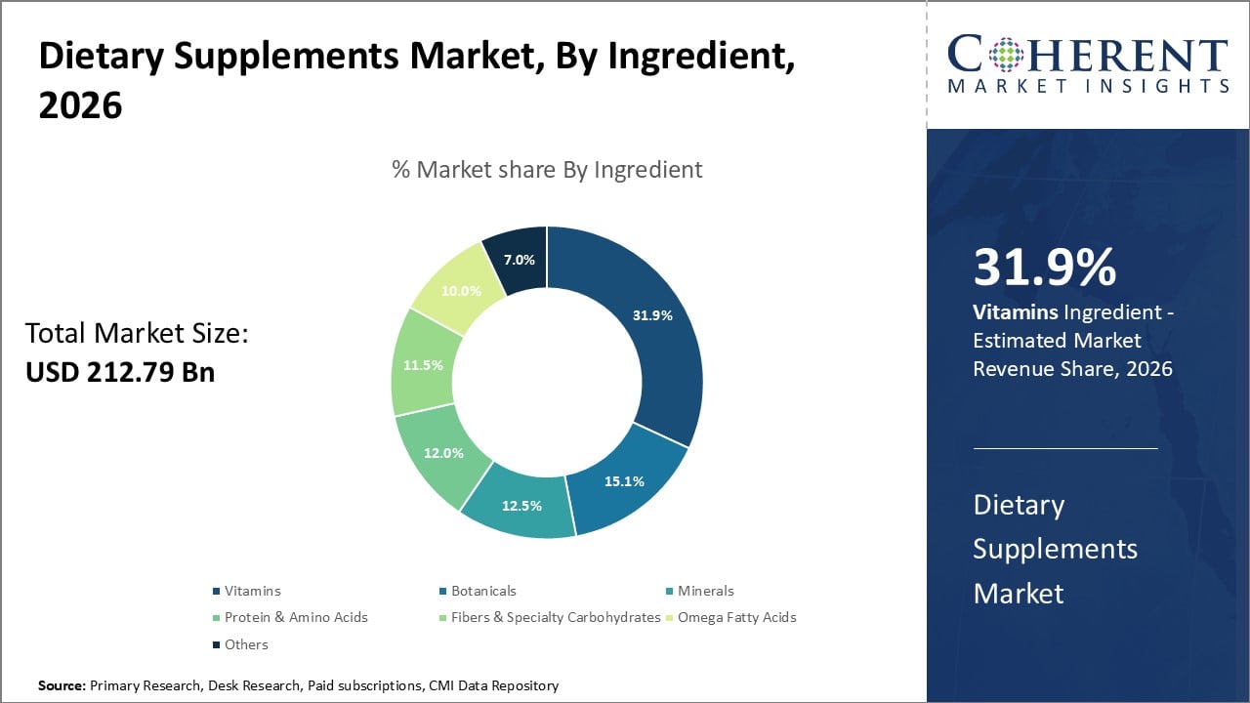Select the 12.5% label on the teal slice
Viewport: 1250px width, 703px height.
pyautogui.click(x=522, y=506)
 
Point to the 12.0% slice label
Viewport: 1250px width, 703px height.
pyautogui.click(x=445, y=453)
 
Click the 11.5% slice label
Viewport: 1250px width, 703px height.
pyautogui.click(x=423, y=365)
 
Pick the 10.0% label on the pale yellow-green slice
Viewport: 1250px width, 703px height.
pyautogui.click(x=461, y=290)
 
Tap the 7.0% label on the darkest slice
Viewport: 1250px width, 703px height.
pyautogui.click(x=519, y=260)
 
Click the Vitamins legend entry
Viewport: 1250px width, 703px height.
pyautogui.click(x=252, y=591)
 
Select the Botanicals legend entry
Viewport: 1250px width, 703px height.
pyautogui.click(x=482, y=591)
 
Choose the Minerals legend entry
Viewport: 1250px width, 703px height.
pyautogui.click(x=705, y=591)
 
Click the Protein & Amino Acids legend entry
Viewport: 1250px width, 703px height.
pyautogui.click(x=296, y=617)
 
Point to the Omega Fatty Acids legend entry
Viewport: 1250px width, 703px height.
pyautogui.click(x=736, y=617)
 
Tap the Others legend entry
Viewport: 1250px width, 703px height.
pyautogui.click(x=245, y=644)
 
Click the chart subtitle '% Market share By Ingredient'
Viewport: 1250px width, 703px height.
pyautogui.click(x=547, y=170)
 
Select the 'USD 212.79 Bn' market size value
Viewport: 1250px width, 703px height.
pyautogui.click(x=120, y=372)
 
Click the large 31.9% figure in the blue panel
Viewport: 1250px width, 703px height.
pyautogui.click(x=1044, y=268)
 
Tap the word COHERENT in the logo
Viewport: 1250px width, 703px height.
pyautogui.click(x=1088, y=55)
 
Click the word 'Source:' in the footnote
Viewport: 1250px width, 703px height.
pyautogui.click(x=62, y=686)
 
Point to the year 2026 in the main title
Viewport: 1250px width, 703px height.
pyautogui.click(x=81, y=105)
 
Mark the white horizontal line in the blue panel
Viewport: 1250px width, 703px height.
pyautogui.click(x=1065, y=449)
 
